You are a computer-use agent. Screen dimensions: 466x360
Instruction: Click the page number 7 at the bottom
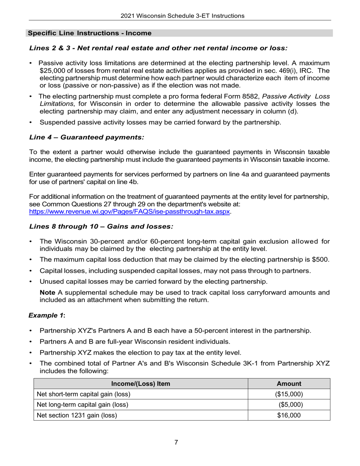tap(176, 442)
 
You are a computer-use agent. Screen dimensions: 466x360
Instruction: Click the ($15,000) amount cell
tap(289, 394)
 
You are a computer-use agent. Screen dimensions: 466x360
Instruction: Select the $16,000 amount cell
tap(289, 415)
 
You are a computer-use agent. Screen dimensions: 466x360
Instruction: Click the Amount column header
tap(289, 383)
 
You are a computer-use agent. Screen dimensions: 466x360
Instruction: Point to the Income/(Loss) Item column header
tap(141, 383)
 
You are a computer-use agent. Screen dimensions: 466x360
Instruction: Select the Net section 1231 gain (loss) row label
tap(77, 415)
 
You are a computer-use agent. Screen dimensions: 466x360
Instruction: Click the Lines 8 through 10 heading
tap(101, 226)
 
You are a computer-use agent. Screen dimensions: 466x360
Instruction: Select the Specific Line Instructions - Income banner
tap(90, 33)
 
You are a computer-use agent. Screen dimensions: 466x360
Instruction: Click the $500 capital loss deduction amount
tap(321, 260)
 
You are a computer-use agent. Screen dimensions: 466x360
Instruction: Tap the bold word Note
tap(47, 292)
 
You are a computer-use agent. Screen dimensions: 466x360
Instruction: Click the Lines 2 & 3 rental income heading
tap(158, 48)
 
